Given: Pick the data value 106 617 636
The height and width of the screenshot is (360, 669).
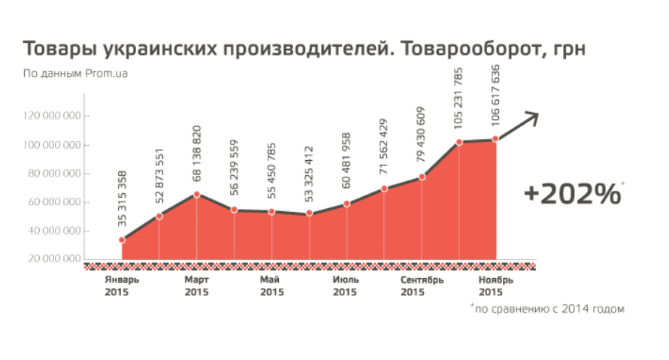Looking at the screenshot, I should (496, 101).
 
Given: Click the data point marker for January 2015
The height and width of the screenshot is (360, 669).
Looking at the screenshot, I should (122, 240).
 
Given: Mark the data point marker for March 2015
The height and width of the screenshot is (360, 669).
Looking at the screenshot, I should (196, 195).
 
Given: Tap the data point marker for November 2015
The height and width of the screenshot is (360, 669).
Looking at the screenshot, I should (496, 139).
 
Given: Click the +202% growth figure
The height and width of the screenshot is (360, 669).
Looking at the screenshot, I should (572, 193).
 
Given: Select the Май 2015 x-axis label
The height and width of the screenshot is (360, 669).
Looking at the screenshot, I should (271, 286).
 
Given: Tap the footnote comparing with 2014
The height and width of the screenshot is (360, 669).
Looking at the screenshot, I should (548, 309).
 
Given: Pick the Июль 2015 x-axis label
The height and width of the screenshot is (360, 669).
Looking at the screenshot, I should (346, 286).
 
